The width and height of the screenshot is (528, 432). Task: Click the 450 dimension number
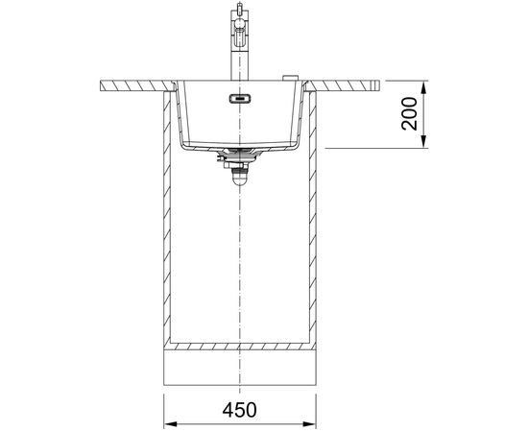pyautogui.click(x=239, y=410)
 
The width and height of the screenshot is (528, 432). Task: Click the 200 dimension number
pyautogui.click(x=409, y=113)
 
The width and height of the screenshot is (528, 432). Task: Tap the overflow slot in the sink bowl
pyautogui.click(x=239, y=99)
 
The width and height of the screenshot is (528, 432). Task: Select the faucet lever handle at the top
pyautogui.click(x=239, y=8)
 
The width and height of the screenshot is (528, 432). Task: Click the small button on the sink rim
pyautogui.click(x=290, y=78)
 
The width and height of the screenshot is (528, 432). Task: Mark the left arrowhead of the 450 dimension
pyautogui.click(x=171, y=424)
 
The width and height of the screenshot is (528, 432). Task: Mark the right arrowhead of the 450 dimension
pyautogui.click(x=309, y=424)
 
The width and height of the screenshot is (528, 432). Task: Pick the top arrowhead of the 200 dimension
pyautogui.click(x=424, y=87)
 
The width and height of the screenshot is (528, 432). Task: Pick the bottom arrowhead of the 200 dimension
pyautogui.click(x=424, y=141)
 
